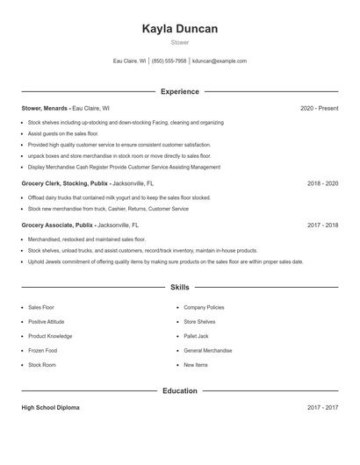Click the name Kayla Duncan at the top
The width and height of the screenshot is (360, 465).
pos(179,29)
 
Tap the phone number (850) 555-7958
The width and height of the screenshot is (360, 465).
pos(169,61)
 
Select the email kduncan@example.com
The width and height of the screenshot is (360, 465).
pos(220,61)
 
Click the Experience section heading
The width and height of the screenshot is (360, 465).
pos(179,91)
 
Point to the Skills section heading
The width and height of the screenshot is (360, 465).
pos(179,287)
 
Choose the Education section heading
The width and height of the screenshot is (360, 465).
pos(179,390)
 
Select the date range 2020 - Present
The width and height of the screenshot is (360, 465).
pos(319,108)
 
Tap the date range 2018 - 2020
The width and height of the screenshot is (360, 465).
pos(322,184)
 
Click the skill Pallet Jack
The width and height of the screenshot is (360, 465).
pos(198,336)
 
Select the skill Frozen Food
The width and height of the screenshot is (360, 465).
pos(44,350)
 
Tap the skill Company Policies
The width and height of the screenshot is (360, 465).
pos(204,308)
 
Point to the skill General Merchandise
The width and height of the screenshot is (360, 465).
pos(207,350)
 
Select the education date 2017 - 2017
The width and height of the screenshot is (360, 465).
pos(322,408)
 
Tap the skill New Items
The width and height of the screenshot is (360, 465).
pos(196,364)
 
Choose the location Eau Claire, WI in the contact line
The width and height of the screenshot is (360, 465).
pos(129,61)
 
